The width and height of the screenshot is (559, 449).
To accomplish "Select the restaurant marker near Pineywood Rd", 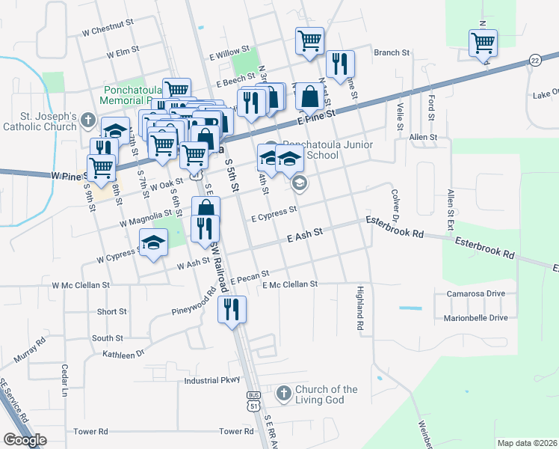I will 232,308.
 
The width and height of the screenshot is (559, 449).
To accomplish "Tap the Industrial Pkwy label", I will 212,380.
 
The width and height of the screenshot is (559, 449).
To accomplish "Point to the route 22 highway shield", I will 534,60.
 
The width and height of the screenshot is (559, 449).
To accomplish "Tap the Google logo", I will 25,440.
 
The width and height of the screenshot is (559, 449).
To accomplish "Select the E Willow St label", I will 229,55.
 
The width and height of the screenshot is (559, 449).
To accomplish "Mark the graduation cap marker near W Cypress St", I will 154,243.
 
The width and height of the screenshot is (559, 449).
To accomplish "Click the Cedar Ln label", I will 65,380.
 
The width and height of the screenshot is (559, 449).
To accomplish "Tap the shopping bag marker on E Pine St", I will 310,97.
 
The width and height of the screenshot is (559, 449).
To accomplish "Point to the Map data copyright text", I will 527,443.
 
